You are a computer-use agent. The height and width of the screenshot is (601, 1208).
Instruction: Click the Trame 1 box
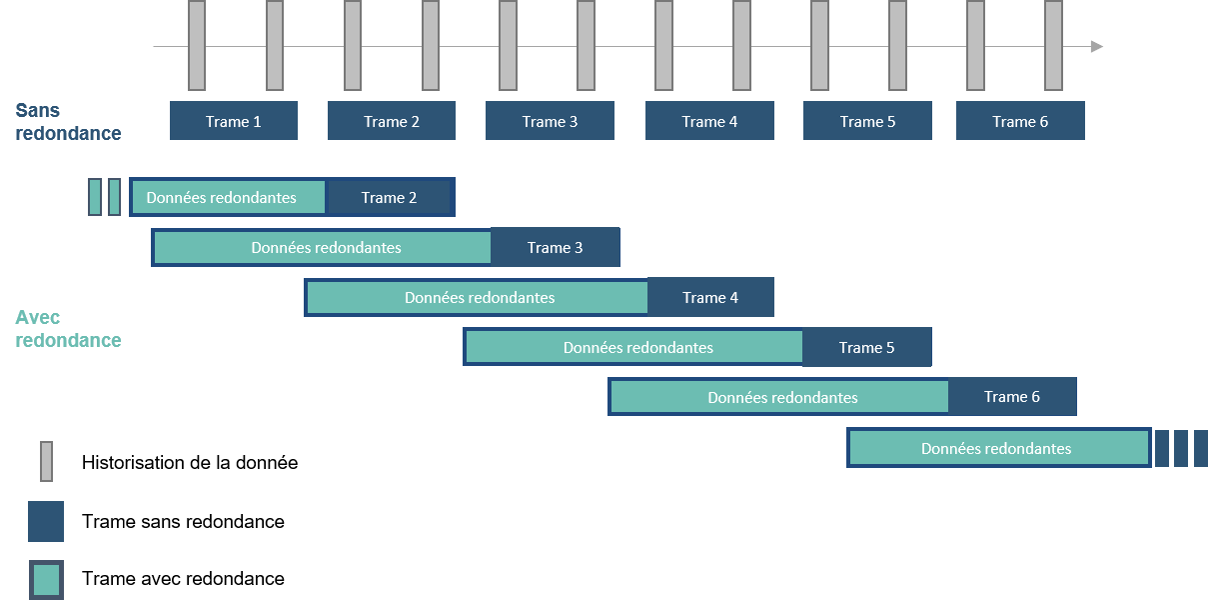point(234,121)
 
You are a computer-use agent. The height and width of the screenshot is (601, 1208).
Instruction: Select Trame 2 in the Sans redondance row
point(392,121)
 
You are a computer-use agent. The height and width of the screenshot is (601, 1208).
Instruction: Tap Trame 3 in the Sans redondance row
point(550,121)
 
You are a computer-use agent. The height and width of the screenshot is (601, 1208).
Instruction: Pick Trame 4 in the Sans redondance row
point(709,121)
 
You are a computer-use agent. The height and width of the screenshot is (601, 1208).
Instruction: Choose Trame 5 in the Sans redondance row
point(867,121)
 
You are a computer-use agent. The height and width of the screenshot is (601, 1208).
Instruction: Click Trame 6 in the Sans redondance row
point(1020,121)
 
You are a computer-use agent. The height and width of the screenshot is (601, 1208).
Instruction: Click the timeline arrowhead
point(1097,46)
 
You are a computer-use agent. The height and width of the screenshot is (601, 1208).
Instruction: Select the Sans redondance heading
point(68,121)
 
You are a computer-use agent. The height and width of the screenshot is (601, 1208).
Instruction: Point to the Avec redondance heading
point(68,329)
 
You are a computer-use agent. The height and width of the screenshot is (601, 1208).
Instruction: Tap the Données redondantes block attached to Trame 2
point(229,197)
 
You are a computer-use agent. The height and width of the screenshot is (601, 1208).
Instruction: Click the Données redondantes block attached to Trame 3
point(323,248)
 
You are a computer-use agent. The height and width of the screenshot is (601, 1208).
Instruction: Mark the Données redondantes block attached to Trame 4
point(478,298)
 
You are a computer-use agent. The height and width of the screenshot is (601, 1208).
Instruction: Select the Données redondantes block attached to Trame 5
point(634,347)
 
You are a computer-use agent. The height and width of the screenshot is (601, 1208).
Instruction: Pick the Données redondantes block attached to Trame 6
point(779,398)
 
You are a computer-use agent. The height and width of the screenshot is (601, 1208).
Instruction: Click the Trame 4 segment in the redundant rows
point(710,297)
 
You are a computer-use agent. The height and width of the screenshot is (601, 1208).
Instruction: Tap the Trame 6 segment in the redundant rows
point(1012,397)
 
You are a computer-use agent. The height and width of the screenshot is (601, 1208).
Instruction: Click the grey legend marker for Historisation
point(46,461)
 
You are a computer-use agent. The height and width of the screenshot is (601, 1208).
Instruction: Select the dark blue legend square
point(46,521)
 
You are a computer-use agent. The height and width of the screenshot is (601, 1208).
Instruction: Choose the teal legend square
point(46,579)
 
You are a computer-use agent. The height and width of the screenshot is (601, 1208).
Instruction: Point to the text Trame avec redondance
point(183,578)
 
